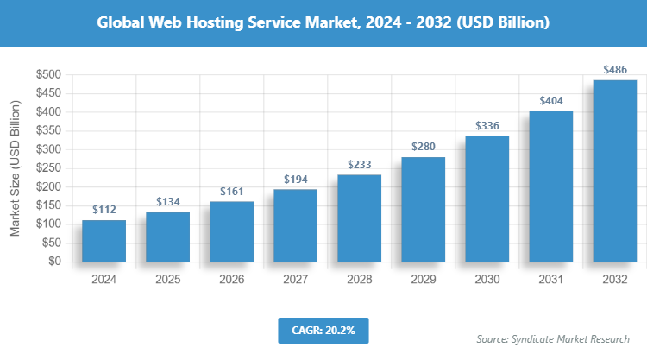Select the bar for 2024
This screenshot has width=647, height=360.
point(104,240)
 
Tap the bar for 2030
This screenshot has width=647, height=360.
point(487,198)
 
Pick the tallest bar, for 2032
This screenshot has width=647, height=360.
point(614,170)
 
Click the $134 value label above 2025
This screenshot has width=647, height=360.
point(167,202)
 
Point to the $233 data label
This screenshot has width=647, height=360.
point(359,165)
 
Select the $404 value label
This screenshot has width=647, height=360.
point(550,101)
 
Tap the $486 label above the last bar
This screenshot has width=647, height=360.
point(614,69)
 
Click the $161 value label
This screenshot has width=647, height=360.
point(231,191)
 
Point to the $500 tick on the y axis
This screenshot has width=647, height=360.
point(47,75)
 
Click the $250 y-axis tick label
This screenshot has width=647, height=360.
point(47,168)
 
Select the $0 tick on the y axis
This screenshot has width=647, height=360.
point(53,262)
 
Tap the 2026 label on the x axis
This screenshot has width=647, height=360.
point(231,280)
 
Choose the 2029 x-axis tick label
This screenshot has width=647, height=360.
point(423,280)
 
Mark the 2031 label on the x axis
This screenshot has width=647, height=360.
point(550,280)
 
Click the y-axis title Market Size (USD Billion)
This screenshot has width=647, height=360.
point(15,168)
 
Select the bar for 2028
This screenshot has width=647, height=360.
point(359,218)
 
